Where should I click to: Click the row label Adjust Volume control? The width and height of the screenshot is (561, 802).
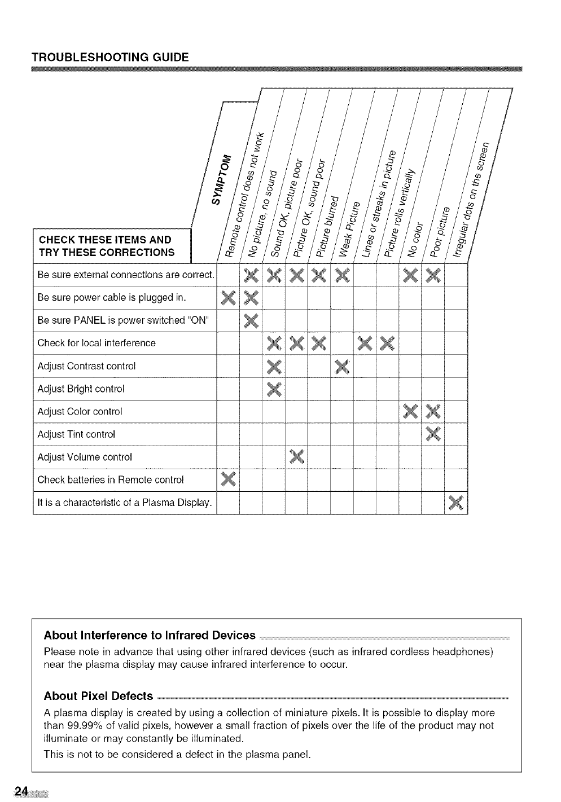85,457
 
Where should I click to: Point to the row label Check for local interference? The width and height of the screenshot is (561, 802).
97,343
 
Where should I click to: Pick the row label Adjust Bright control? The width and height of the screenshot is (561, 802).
81,389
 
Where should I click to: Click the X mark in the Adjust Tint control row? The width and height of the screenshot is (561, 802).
433,434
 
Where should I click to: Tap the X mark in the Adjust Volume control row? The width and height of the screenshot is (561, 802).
296,456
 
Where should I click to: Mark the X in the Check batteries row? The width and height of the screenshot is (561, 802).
228,479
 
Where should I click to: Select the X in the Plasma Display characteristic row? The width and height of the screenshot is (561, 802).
455,502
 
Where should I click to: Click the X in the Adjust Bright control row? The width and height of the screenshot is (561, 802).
274,389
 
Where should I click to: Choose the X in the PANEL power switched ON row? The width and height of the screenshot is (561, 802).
251,320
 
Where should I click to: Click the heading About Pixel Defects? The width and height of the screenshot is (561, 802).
98,695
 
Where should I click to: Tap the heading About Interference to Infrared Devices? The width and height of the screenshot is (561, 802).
150,636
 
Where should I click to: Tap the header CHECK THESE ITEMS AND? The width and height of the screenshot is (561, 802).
105,240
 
